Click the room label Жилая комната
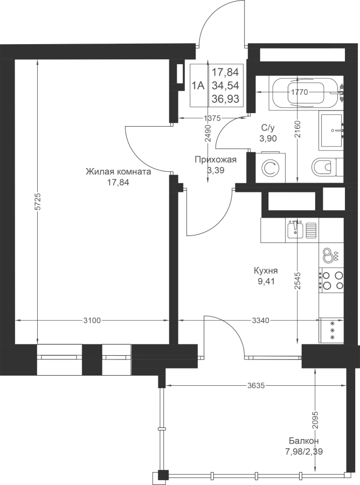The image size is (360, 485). [119, 171]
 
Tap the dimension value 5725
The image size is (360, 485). [37, 202]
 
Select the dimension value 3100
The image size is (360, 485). [92, 321]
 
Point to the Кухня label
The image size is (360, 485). [266, 271]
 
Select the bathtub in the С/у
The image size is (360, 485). [306, 92]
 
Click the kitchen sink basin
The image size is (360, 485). [295, 230]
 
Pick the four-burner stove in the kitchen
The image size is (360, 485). [331, 281]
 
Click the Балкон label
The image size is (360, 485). [304, 440]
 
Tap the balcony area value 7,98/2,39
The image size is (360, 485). [304, 452]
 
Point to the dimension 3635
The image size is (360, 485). [256, 385]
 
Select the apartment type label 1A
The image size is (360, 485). [198, 85]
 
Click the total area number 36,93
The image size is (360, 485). [225, 99]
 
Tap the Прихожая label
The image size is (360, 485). [216, 160]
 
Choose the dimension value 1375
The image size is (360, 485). [212, 118]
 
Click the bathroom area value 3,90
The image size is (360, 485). [268, 138]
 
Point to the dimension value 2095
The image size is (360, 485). [315, 420]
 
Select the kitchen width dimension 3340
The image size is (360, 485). [260, 321]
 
